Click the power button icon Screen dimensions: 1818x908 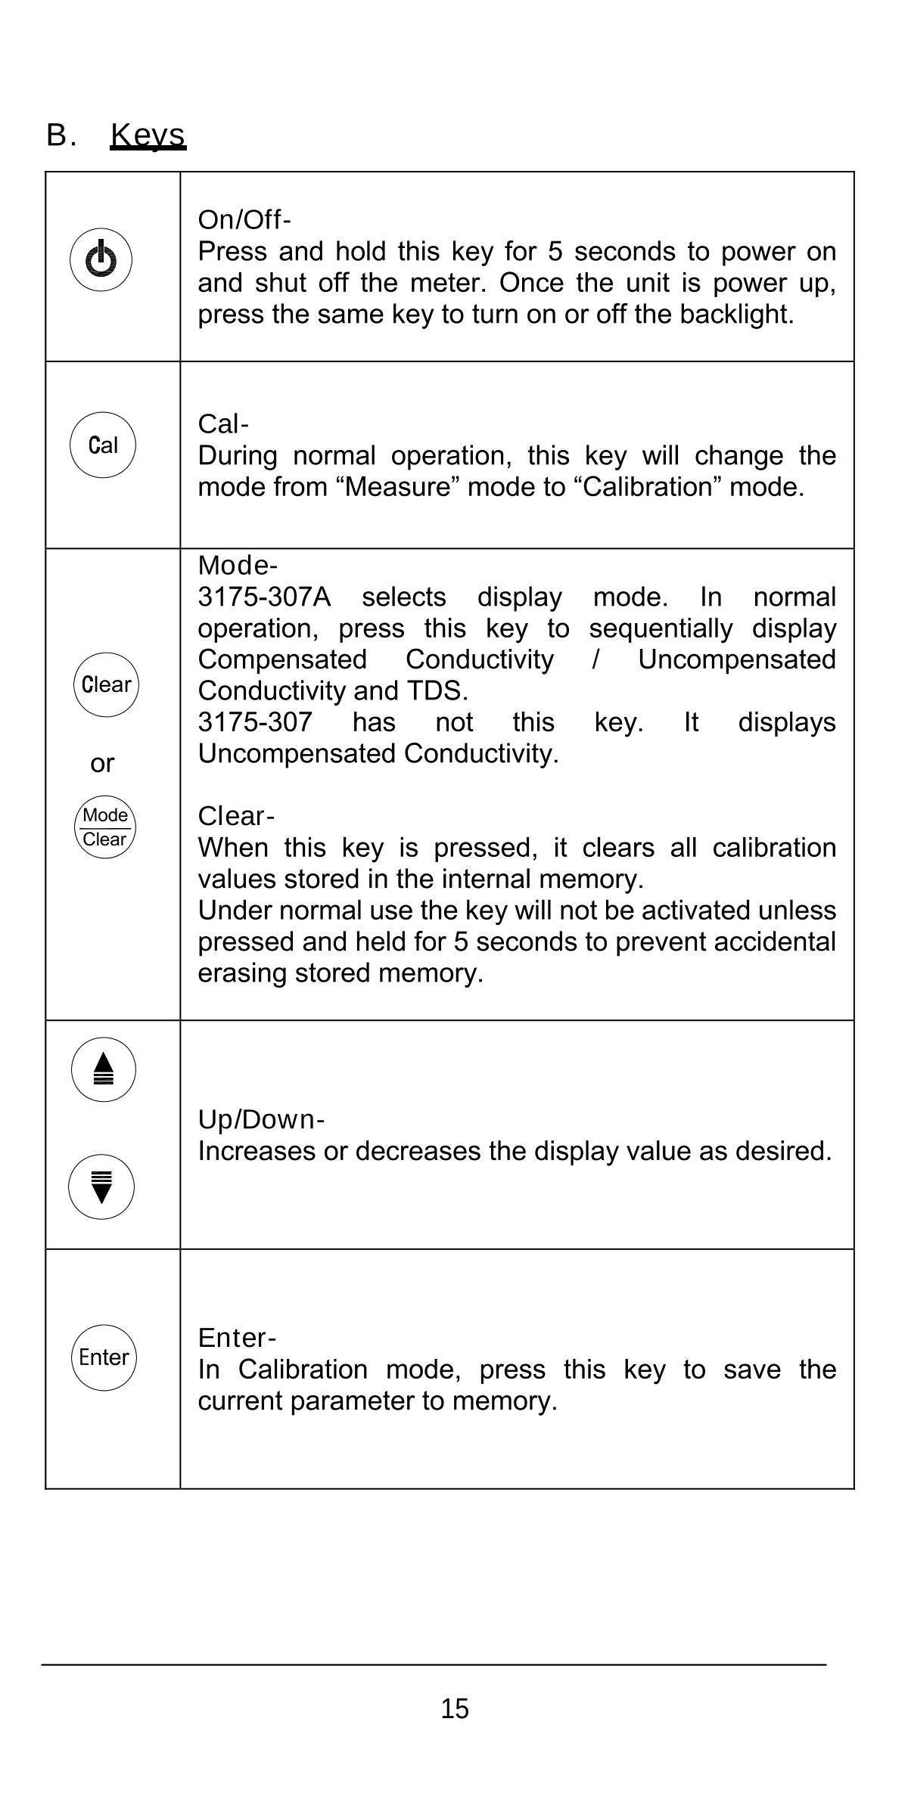click(x=101, y=260)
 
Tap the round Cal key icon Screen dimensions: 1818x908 click(x=103, y=445)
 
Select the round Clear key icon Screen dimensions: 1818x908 click(x=106, y=684)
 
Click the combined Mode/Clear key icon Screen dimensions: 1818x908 click(x=104, y=827)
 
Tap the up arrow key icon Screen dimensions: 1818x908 click(x=104, y=1069)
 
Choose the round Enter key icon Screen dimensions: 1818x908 click(x=104, y=1357)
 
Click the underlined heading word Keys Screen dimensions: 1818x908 click(x=148, y=135)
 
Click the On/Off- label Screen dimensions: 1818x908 click(x=244, y=220)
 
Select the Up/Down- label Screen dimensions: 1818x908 click(x=261, y=1119)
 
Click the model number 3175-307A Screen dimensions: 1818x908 click(x=264, y=597)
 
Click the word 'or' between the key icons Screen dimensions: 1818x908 click(x=102, y=764)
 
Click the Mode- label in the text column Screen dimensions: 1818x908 click(x=238, y=566)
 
